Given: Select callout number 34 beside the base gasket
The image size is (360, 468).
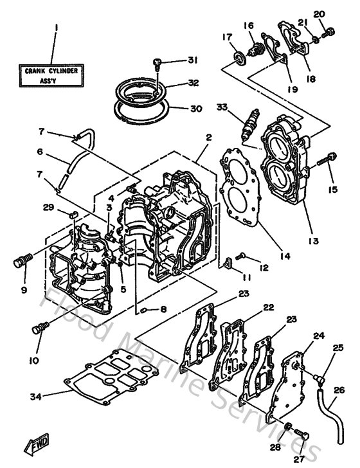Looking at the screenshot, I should click(x=37, y=397).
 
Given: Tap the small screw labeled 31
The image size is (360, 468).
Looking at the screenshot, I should click(x=157, y=62).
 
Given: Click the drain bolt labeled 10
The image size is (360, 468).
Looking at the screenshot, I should click(x=39, y=328).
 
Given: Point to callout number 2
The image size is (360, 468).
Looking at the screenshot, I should click(x=209, y=137).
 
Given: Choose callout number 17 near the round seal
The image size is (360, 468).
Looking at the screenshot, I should click(x=226, y=37).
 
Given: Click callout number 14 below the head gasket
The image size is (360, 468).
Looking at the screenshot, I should click(x=285, y=256).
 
